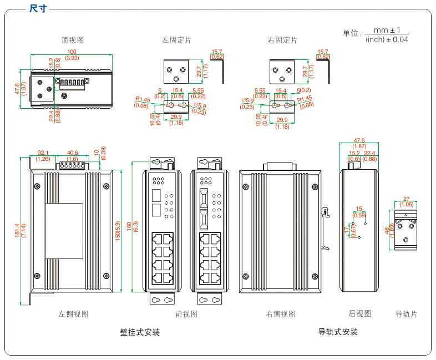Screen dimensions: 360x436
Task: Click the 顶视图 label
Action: point(73,40)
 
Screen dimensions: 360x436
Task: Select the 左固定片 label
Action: point(176,40)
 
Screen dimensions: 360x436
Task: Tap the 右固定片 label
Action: point(282,40)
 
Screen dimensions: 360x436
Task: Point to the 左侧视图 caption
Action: point(73,314)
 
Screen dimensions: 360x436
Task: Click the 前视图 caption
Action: point(186,314)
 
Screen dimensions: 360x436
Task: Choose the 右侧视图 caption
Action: point(280,314)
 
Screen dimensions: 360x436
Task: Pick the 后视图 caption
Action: point(359,313)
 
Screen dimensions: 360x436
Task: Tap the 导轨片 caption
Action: point(405,314)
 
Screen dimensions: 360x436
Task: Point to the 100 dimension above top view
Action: point(72,52)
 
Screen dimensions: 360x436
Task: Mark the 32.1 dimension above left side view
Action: point(43,153)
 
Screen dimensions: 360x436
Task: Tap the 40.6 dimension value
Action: point(72,153)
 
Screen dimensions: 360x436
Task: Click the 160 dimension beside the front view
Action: point(129,226)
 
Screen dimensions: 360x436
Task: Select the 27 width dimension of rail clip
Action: point(406,199)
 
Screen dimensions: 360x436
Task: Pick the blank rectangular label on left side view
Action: point(64,231)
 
